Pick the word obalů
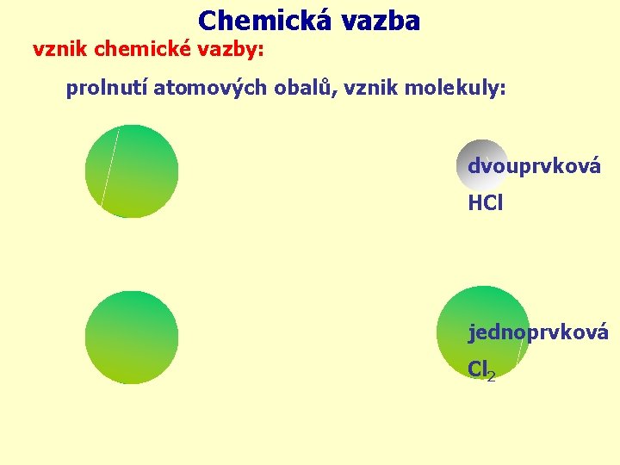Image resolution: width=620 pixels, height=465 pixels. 290,89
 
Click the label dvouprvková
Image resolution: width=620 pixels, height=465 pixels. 534,166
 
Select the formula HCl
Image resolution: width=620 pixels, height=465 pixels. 486,203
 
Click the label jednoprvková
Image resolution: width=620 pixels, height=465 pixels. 538,332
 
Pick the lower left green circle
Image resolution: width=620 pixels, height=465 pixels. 132,337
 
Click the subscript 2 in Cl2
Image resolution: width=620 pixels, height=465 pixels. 491,376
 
